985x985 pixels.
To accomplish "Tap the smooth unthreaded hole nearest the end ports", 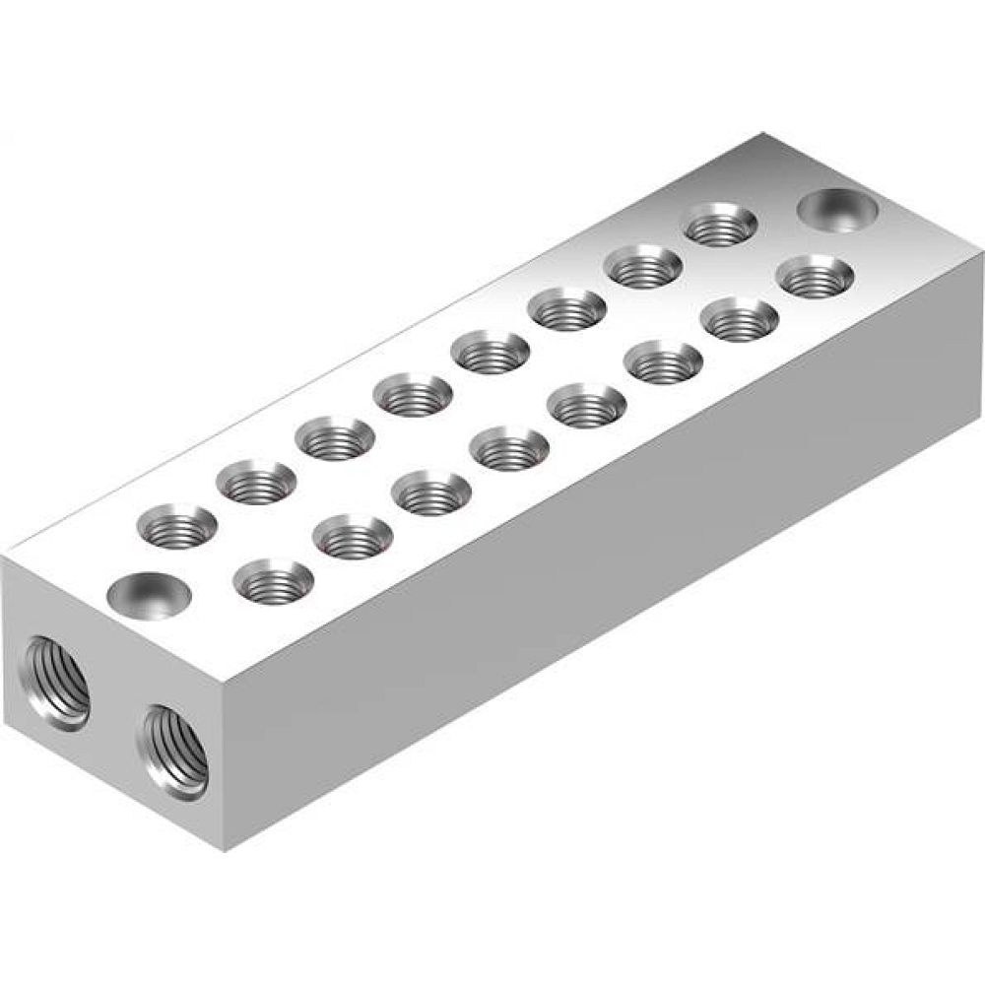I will click(x=150, y=594).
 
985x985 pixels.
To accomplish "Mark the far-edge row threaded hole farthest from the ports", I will click(x=722, y=225).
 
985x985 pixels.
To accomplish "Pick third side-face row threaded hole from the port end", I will click(x=430, y=492).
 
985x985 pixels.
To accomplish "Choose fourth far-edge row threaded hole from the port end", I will click(x=412, y=396).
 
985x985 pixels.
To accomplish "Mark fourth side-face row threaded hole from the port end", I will click(x=509, y=448).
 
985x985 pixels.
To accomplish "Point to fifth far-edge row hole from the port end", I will click(x=490, y=352).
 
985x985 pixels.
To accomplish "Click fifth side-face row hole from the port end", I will click(x=587, y=405).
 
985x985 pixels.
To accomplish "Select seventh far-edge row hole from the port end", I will click(x=644, y=266).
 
